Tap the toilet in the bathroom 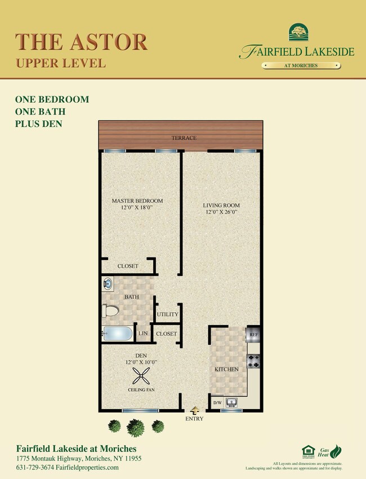point(110,311)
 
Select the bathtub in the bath point(117,334)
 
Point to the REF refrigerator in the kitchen point(253,335)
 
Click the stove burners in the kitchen point(253,361)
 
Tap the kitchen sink point(231,402)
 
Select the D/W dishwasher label point(217,403)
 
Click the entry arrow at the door point(195,410)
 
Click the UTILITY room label point(168,314)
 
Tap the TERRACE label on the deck point(185,138)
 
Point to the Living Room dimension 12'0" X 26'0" point(221,212)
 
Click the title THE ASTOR point(82,42)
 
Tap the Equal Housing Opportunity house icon point(308,450)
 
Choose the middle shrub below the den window point(135,427)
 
